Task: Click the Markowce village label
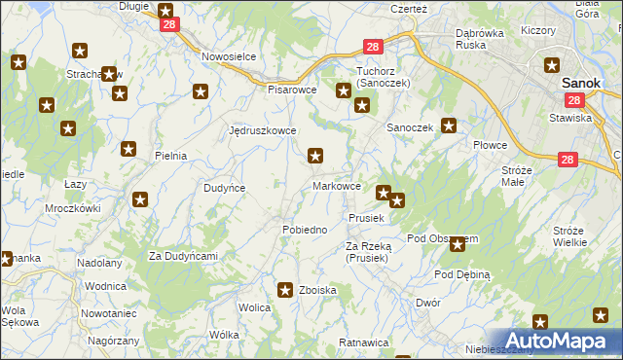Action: [338, 186]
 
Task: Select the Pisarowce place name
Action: [292, 89]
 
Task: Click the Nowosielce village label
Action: [229, 56]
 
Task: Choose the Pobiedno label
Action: [304, 230]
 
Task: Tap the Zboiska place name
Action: [318, 290]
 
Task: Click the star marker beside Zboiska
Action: [285, 289]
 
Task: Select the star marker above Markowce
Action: [315, 155]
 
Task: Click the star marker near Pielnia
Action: [128, 149]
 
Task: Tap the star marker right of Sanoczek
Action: [449, 125]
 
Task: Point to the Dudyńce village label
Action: [224, 188]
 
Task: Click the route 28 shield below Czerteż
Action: [374, 47]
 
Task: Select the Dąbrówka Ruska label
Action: [484, 38]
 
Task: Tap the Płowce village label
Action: [491, 145]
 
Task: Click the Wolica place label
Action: [254, 307]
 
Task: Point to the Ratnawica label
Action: [363, 343]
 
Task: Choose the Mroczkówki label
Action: [73, 208]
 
